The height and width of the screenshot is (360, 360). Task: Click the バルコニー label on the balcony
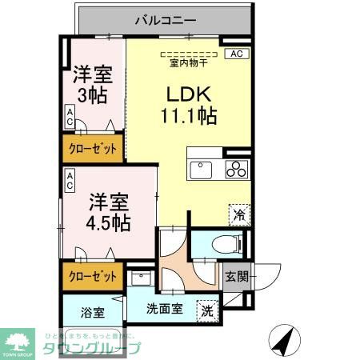point(165,17)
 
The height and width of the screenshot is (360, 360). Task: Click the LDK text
point(186,91)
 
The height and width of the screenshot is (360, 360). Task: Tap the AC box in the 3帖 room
point(70,121)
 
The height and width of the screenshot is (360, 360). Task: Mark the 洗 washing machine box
point(206,310)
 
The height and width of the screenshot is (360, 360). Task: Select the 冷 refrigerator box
point(239,214)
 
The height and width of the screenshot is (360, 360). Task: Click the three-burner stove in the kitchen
point(237,169)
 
